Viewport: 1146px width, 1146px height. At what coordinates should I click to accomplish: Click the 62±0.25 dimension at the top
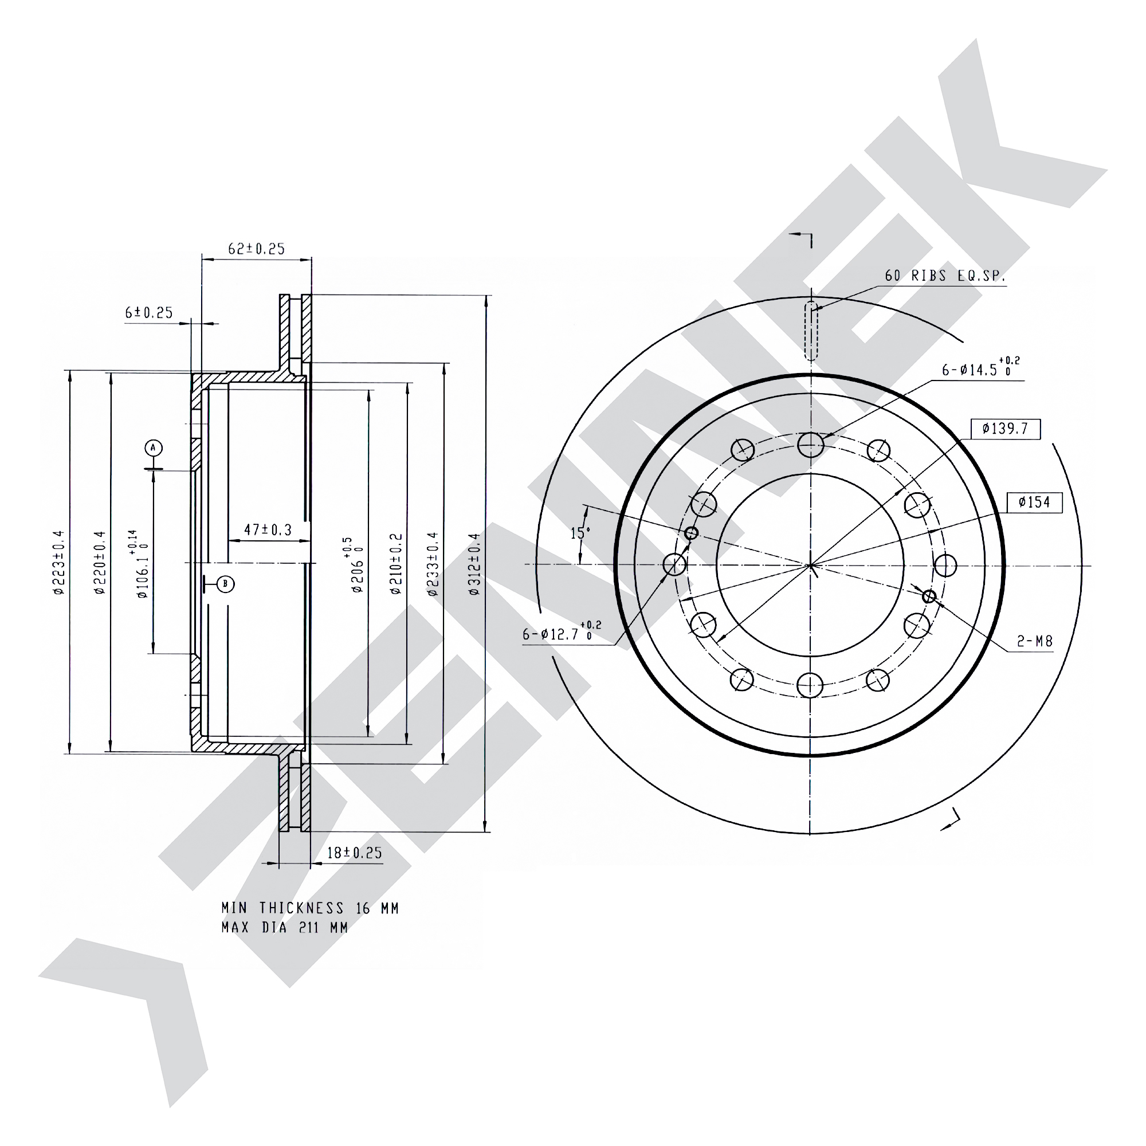[257, 249]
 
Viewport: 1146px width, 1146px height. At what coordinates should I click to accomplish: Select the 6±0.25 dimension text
[149, 313]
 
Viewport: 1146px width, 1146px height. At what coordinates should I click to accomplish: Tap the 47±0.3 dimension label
[268, 529]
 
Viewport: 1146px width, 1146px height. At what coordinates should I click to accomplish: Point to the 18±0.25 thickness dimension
[355, 853]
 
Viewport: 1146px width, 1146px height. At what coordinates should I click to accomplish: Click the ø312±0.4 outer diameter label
[474, 563]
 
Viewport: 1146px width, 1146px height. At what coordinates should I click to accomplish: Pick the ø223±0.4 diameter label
[58, 562]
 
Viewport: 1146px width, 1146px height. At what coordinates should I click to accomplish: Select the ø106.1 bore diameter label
[138, 564]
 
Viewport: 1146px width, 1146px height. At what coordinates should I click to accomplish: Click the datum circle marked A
[154, 448]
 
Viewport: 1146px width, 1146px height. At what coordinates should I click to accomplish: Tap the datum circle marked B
[225, 584]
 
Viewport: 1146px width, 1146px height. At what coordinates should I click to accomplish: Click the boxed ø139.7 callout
[1006, 429]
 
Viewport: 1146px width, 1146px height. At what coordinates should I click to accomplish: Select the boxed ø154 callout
[1034, 503]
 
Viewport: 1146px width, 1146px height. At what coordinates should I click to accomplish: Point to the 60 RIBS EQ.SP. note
[945, 276]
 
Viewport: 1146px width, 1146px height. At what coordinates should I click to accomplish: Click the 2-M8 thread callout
[1035, 641]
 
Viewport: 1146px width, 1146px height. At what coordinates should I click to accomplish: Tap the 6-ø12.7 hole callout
[562, 633]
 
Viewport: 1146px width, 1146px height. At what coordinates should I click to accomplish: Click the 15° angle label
[580, 533]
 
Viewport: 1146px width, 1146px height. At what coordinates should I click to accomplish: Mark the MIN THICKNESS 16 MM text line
[310, 908]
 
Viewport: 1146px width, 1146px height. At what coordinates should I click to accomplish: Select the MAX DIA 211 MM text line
[285, 927]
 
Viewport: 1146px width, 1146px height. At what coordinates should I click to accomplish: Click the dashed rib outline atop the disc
[811, 331]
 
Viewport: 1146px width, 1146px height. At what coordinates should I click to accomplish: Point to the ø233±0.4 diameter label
[434, 563]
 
